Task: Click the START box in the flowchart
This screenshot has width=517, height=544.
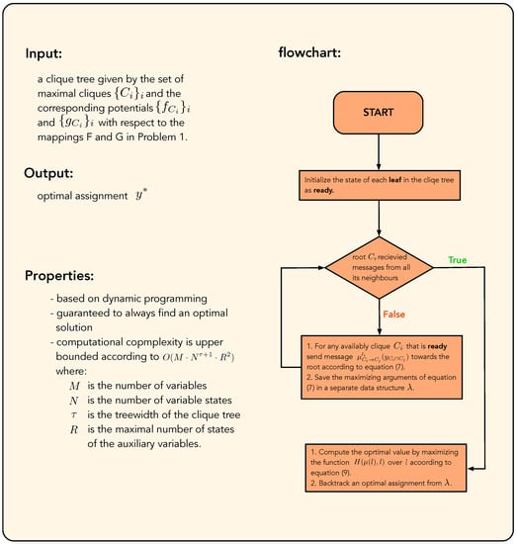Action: [379, 113]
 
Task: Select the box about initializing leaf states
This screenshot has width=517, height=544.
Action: [379, 185]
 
